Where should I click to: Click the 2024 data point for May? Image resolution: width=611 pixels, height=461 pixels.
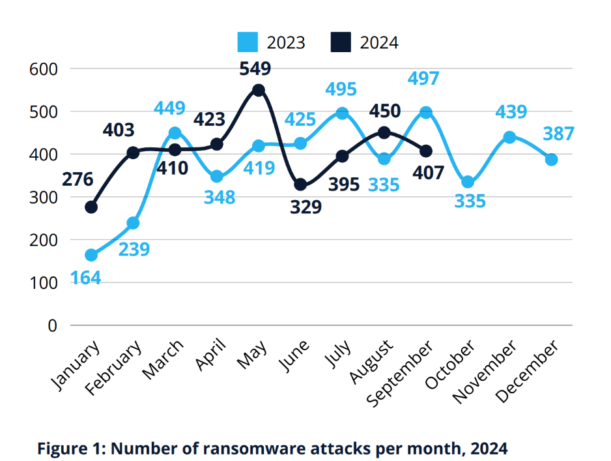[x=259, y=90]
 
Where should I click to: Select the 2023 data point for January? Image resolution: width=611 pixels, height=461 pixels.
[x=91, y=255]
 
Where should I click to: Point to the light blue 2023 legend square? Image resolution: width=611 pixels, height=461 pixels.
[x=248, y=43]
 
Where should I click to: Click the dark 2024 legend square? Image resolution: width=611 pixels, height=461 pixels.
[x=341, y=43]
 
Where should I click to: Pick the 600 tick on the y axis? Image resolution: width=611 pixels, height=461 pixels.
[x=44, y=68]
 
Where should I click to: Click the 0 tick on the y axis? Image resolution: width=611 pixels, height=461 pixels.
[x=53, y=325]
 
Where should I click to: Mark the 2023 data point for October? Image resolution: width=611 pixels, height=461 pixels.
[x=468, y=182]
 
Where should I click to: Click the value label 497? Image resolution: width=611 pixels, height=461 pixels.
[x=423, y=80]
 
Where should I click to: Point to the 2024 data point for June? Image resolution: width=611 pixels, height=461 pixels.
[x=300, y=185]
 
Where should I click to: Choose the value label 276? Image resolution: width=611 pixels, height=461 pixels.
[x=78, y=179]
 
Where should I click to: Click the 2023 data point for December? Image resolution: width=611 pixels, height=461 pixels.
[x=551, y=160]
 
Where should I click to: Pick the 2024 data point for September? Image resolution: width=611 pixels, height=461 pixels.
[x=426, y=151]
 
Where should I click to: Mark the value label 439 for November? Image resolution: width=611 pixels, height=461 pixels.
[x=511, y=112]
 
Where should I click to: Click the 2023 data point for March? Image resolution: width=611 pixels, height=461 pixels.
[x=175, y=133]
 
